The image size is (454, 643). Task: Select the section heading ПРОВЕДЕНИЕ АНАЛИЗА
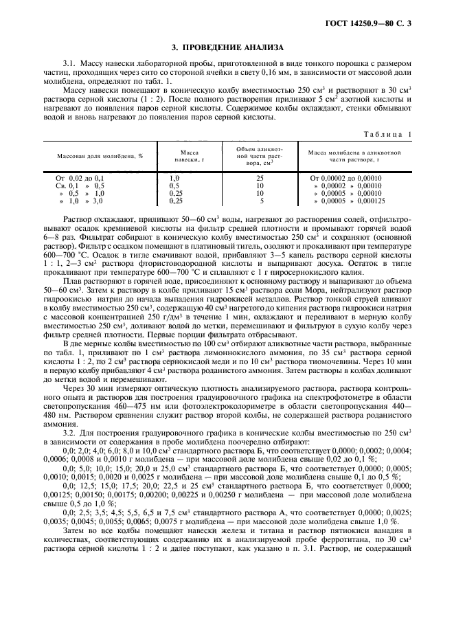click(227, 47)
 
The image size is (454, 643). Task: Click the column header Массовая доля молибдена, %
click(100, 156)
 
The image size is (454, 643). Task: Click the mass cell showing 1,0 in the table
click(174, 178)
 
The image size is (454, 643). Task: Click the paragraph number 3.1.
click(69, 63)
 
